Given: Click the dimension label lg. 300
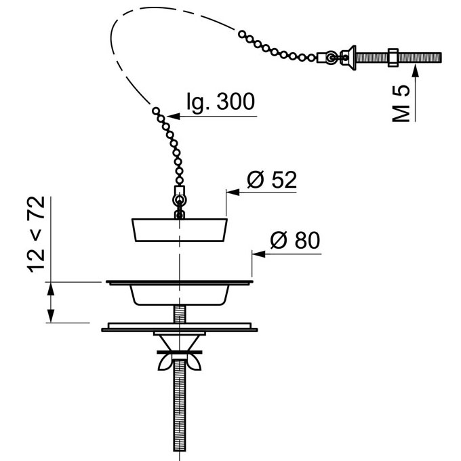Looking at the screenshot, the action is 221,102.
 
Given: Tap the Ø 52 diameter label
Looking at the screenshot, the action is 272,180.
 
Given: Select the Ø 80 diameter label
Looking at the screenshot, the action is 295,240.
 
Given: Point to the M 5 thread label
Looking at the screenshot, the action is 401,104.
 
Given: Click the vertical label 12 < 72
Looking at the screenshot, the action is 36,235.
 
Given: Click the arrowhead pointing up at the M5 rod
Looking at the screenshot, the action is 415,71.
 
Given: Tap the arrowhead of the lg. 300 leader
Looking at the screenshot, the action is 174,116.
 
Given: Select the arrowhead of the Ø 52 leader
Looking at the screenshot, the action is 233,193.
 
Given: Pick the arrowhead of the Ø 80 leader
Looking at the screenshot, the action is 258,254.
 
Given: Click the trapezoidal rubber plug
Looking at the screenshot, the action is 180,230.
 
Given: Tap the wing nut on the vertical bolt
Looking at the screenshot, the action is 180,362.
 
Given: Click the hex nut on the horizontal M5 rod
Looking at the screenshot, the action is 393,57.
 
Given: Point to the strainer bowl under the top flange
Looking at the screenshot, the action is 180,295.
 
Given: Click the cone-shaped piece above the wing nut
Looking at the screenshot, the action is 180,342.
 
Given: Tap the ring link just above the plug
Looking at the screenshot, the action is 180,201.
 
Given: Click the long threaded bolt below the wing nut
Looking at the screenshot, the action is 180,405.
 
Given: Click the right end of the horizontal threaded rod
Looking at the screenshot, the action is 441,57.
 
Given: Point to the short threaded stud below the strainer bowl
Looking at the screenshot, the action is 180,314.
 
